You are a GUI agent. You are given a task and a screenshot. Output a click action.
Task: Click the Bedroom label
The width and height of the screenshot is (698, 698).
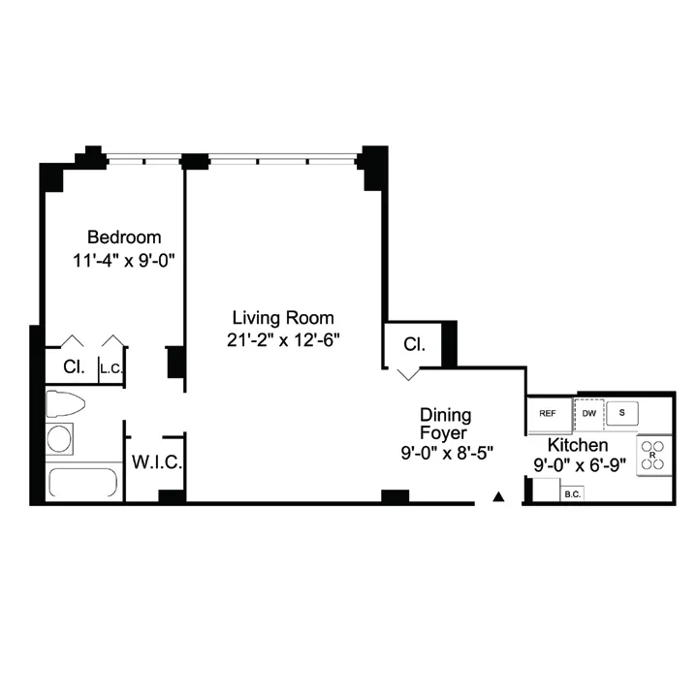124,238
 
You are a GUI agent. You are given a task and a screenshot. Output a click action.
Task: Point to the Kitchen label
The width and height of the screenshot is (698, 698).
578,444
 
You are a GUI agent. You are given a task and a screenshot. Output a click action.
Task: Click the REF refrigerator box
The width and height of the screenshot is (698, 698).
548,413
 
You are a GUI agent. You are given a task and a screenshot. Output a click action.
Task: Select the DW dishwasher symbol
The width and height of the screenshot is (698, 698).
588,413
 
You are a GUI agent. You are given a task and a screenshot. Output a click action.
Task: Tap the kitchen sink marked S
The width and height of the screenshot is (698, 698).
621,412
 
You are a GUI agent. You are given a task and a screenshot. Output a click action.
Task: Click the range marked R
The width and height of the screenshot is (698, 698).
652,455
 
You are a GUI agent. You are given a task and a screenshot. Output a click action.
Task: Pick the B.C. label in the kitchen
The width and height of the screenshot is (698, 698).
571,494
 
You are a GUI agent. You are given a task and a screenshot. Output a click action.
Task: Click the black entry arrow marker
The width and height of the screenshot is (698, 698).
498,496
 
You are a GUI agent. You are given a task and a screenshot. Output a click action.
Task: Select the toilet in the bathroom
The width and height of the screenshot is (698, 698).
65,403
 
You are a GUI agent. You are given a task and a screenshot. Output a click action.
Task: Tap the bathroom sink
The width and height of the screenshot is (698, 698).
60,438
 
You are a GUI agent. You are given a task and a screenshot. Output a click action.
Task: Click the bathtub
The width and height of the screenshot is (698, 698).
82,483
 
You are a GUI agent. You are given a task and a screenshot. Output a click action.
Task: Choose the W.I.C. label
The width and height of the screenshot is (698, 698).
156,462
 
